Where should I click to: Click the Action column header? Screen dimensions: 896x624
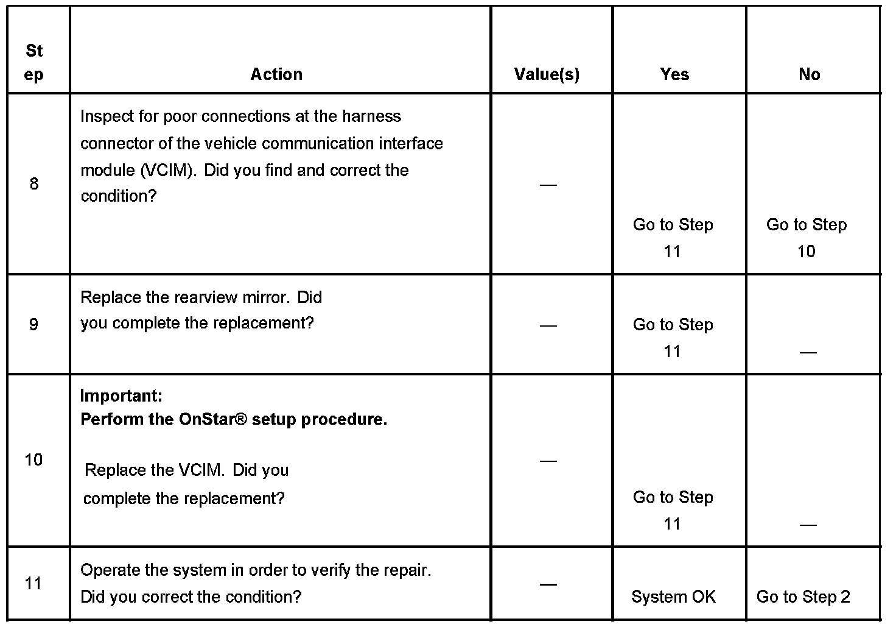pos(276,74)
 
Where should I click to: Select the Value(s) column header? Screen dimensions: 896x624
pos(547,74)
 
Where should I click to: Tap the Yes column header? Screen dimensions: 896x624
pos(674,74)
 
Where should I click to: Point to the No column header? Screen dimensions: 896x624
pos(809,74)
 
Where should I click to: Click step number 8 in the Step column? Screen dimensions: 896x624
pos(34,184)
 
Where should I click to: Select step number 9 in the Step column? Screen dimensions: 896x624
pos(34,324)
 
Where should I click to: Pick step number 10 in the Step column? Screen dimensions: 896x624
pos(34,459)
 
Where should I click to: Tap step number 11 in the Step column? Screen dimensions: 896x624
pos(34,584)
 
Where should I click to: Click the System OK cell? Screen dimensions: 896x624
pos(673,597)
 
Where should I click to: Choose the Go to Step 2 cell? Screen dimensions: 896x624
pos(803,597)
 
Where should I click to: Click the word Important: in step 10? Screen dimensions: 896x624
pos(121,395)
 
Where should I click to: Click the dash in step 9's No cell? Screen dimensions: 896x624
pos(808,352)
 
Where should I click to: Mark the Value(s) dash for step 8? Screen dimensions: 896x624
pos(548,185)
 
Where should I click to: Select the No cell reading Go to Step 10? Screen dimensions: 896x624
pos(807,238)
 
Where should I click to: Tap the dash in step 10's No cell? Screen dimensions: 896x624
pos(808,525)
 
